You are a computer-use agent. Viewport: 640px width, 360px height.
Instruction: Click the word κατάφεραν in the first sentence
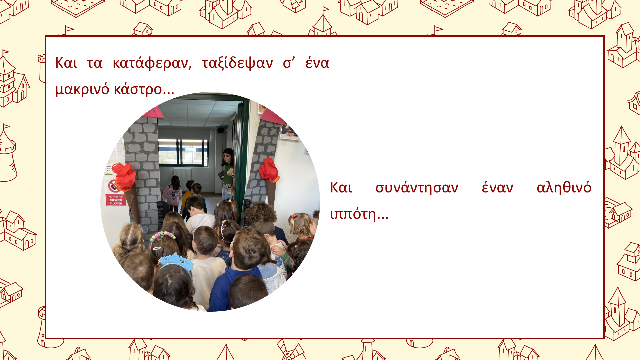152,63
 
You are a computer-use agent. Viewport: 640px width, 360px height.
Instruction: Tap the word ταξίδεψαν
237,63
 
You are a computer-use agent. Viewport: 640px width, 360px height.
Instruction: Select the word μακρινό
82,89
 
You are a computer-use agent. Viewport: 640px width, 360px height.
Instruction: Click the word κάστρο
144,89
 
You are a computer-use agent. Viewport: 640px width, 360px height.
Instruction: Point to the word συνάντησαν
417,188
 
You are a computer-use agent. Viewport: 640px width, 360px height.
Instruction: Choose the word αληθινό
564,187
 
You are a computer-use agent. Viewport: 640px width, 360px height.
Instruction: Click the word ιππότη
359,214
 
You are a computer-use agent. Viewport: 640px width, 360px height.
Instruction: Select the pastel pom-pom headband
162,236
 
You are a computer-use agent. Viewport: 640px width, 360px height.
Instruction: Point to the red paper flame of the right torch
269,170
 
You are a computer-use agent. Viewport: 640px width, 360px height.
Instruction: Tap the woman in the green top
228,173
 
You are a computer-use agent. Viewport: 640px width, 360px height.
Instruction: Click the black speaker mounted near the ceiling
220,130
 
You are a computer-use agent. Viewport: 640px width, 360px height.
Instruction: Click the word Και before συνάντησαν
341,188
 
